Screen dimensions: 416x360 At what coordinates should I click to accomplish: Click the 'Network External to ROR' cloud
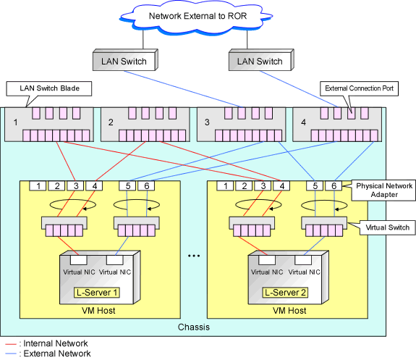coord(196,17)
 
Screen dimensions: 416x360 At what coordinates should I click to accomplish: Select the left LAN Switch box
coord(125,60)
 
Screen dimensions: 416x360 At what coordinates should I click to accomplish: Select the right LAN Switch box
coord(261,60)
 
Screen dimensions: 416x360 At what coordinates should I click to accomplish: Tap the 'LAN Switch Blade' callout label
coord(49,88)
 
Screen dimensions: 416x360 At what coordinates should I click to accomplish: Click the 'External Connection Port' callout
coord(359,88)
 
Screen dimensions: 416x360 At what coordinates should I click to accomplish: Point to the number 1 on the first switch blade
coord(16,122)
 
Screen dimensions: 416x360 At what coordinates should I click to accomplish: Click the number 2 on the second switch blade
coord(111,122)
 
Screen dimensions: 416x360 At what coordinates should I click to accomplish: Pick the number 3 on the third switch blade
coord(207,122)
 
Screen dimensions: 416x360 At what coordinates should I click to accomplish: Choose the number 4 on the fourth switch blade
coord(304,122)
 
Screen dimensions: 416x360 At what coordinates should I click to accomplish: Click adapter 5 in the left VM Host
coord(127,185)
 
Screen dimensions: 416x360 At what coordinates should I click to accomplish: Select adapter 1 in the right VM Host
coord(225,185)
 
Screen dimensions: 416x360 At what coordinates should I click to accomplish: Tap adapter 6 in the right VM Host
coord(334,185)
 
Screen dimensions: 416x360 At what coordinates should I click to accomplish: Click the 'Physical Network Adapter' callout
coord(383,191)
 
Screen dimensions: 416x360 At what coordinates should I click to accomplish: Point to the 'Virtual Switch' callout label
coord(387,227)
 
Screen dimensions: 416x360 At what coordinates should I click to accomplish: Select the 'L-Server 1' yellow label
coord(97,293)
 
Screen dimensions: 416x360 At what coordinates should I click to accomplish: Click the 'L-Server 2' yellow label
coord(285,293)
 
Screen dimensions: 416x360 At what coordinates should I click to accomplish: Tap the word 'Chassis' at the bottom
coord(194,327)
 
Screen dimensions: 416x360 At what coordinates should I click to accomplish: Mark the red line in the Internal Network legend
coord(11,344)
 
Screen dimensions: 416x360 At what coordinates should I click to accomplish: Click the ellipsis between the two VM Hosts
coord(194,256)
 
